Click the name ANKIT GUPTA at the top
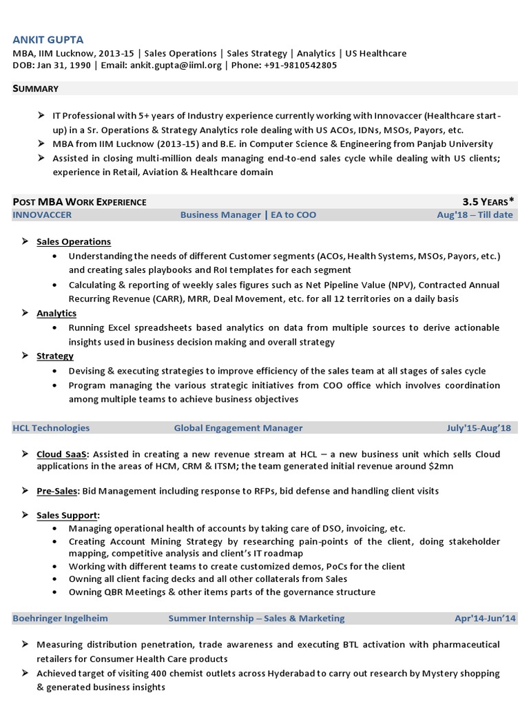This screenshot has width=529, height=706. (48, 40)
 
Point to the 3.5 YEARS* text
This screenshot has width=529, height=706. (488, 202)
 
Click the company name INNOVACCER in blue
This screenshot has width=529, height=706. (42, 215)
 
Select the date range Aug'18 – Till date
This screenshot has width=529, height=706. (475, 215)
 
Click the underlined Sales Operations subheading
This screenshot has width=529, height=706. (74, 242)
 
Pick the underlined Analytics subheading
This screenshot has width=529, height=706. (56, 314)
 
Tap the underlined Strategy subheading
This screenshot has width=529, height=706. (55, 356)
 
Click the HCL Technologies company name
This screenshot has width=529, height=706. (51, 428)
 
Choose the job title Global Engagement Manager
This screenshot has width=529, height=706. (238, 428)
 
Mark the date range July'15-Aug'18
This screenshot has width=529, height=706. (479, 428)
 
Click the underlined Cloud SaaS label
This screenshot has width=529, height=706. (63, 455)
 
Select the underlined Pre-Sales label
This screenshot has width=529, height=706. (58, 492)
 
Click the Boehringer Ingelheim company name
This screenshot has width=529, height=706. (60, 618)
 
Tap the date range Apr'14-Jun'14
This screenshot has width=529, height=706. (485, 618)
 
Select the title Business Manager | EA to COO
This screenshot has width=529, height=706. (248, 215)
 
